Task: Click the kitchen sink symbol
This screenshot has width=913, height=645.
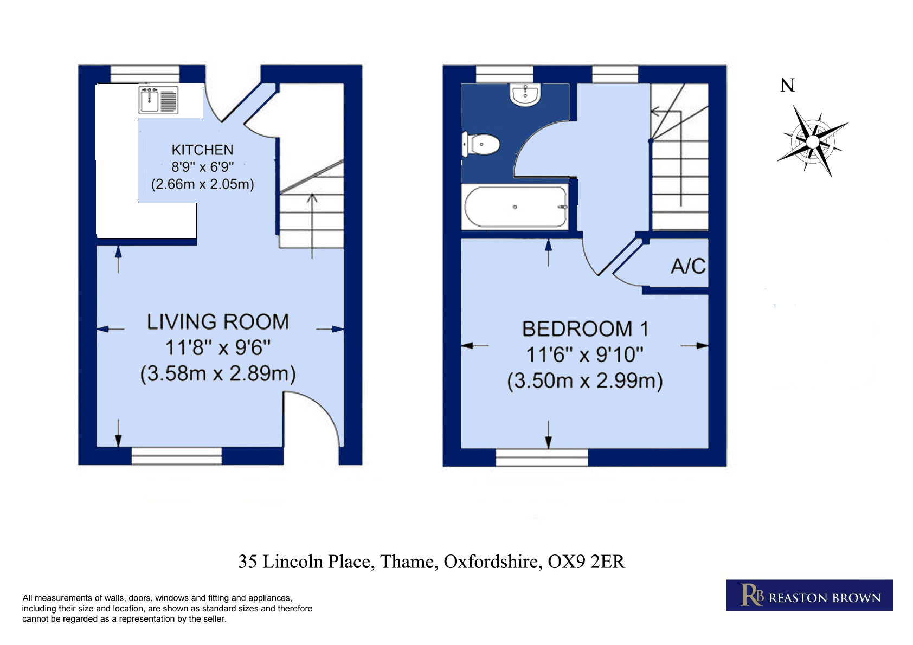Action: (x=158, y=100)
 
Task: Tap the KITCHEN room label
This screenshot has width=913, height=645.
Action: (x=202, y=150)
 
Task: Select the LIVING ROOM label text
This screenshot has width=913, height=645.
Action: (x=217, y=321)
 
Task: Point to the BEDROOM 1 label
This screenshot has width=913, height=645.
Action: (x=585, y=329)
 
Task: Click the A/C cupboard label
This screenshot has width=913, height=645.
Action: (x=688, y=266)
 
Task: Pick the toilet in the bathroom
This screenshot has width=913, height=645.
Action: (x=481, y=144)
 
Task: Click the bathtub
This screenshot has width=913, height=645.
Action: (x=516, y=207)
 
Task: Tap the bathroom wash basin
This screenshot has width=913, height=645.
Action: (x=525, y=95)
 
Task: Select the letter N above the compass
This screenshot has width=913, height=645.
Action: (x=787, y=85)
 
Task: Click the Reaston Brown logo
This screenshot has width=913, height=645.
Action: (x=809, y=595)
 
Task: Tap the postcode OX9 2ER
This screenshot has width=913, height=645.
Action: (x=586, y=562)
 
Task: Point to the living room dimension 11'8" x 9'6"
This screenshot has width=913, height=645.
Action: (x=217, y=347)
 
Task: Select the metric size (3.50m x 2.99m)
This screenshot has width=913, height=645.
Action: (x=585, y=380)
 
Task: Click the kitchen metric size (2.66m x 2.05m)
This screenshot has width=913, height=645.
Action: (x=203, y=184)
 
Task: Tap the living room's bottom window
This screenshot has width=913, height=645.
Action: (x=177, y=455)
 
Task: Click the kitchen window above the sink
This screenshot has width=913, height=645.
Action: (x=145, y=74)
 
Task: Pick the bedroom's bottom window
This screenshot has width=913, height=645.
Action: (x=542, y=457)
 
